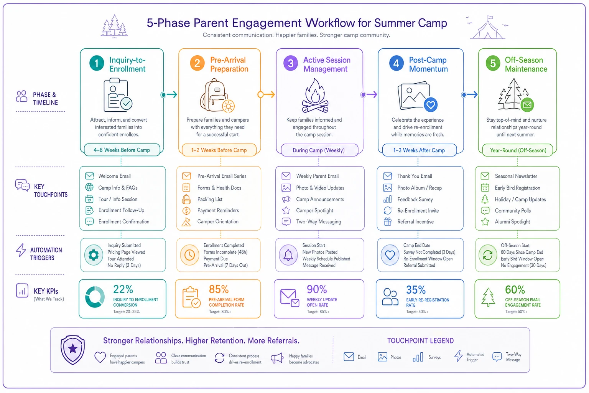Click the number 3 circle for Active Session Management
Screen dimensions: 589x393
291,63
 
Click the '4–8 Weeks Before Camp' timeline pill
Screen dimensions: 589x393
122,150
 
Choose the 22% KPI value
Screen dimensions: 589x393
123,289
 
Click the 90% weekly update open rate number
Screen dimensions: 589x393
317,289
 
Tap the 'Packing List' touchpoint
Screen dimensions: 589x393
210,199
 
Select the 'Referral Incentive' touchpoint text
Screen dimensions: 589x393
415,222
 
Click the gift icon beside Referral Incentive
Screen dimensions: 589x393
388,222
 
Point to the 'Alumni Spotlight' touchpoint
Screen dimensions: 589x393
512,222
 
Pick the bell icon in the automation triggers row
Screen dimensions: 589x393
288,255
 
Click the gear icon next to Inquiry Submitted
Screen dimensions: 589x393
94,255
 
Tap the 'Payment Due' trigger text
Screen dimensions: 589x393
216,259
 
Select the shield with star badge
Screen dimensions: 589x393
72,350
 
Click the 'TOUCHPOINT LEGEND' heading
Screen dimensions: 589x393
420,341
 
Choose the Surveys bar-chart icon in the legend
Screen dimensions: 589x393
418,357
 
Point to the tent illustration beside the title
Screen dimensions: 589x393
487,27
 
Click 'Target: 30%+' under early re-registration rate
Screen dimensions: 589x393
417,312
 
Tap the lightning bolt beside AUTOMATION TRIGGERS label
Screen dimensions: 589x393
21,250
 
